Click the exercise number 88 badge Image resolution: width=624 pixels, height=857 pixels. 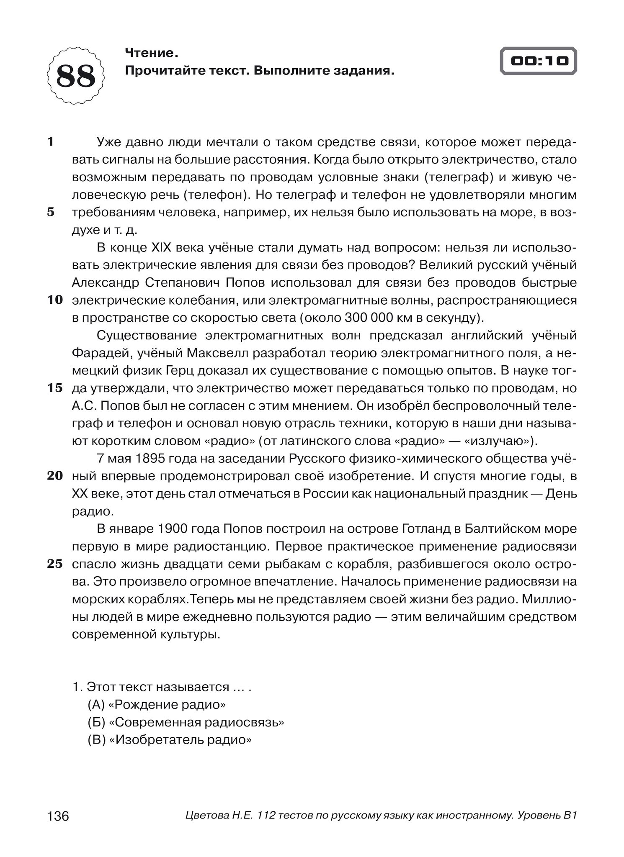click(76, 76)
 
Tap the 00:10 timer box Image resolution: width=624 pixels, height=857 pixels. click(539, 61)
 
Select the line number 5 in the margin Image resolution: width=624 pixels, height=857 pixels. click(51, 212)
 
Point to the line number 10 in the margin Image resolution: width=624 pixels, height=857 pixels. click(55, 300)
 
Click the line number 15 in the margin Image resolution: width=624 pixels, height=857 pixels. click(55, 388)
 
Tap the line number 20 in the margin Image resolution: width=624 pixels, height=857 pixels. click(55, 476)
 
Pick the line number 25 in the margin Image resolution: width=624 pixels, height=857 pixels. click(55, 564)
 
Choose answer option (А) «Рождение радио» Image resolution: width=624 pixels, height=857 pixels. click(157, 705)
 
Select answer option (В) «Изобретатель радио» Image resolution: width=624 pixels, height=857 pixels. click(170, 740)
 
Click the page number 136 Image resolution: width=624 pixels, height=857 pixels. click(58, 816)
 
